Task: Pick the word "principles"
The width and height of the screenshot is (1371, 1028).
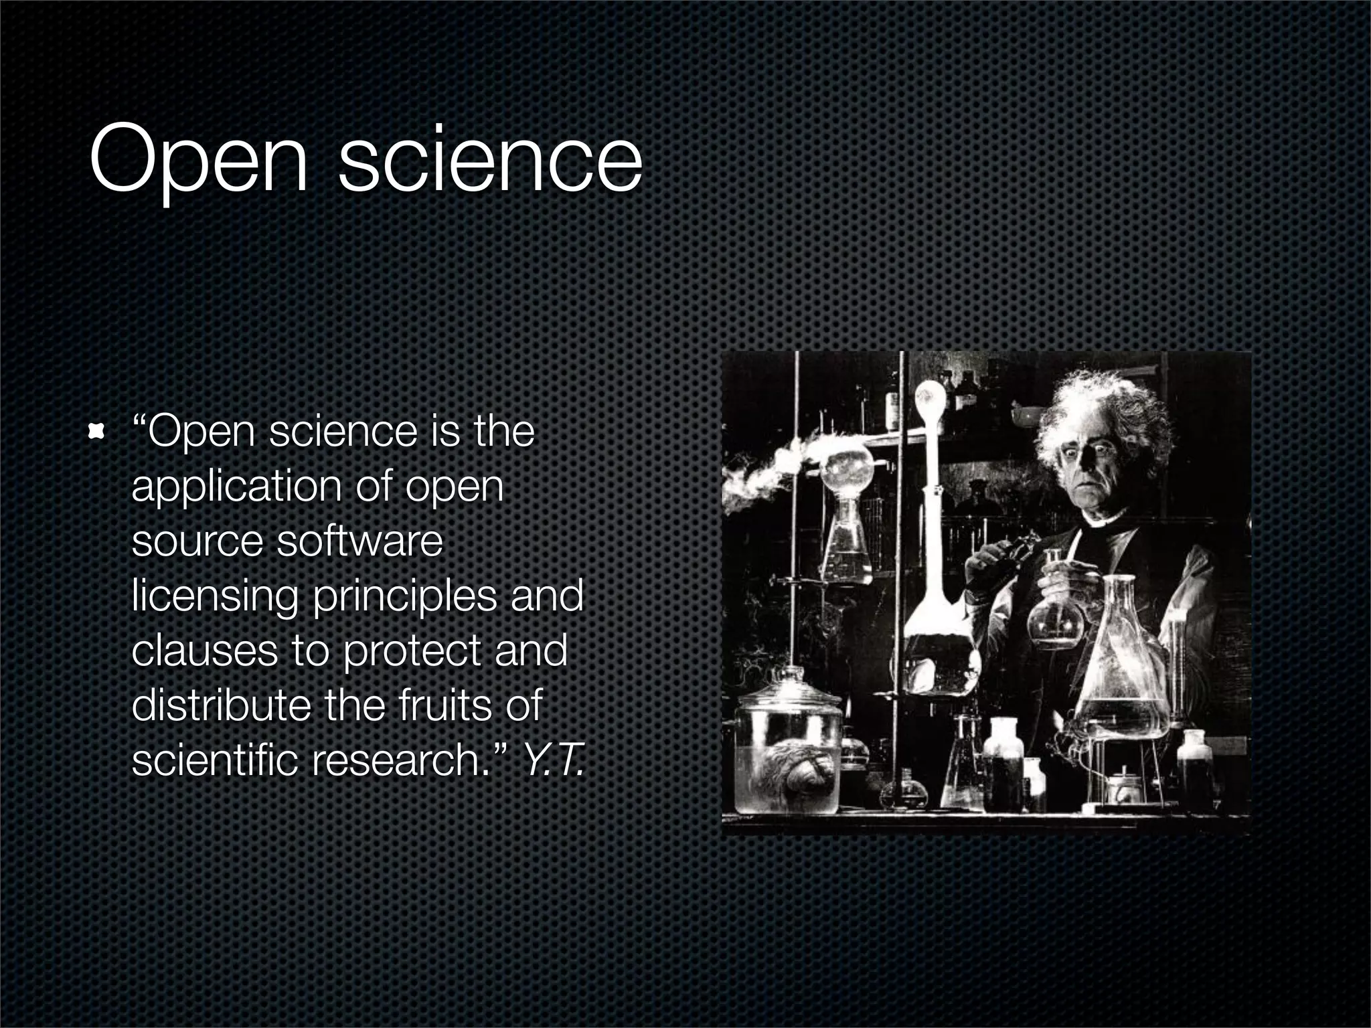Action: (404, 596)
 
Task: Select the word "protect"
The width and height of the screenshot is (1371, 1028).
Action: (412, 651)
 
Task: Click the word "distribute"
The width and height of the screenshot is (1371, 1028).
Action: (221, 705)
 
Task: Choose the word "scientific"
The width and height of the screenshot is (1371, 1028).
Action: (214, 760)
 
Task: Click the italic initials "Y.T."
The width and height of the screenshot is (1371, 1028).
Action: (553, 760)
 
